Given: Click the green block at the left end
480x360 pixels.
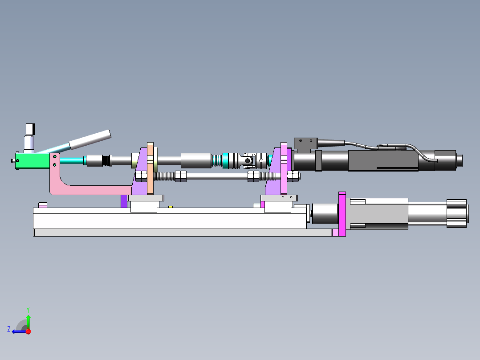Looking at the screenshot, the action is click(33, 161).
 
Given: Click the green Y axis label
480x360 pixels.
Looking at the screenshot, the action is click(28, 310).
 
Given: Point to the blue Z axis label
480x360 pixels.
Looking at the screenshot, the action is click(9, 329).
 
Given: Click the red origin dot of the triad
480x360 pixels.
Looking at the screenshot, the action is click(28, 331).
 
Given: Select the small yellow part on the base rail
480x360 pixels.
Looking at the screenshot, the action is click(171, 207).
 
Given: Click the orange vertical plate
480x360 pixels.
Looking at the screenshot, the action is click(150, 168).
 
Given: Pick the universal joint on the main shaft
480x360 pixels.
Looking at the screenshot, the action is click(248, 160).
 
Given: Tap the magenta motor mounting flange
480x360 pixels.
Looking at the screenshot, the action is click(342, 214).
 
